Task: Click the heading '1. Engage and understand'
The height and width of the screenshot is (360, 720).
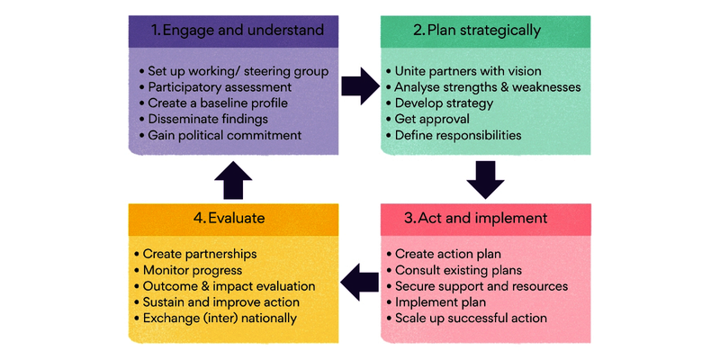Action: coord(237,31)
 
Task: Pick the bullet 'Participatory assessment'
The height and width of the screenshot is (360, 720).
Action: coord(221,87)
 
